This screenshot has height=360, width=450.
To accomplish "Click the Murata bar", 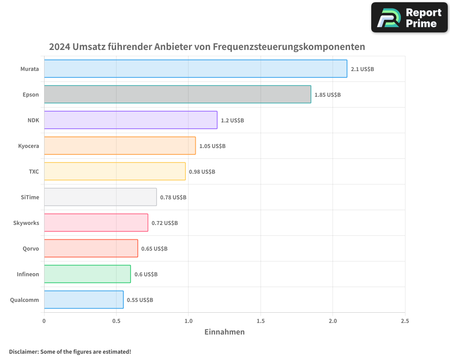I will coord(195,69).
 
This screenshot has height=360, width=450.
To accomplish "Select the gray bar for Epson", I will coord(177,94).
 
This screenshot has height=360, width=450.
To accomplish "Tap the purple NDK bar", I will coord(130,120).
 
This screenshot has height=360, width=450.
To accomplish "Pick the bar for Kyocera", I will coord(120,146).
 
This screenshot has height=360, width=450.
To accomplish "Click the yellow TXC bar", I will coord(115,171).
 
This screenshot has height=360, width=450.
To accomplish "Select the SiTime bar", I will coord(100,197).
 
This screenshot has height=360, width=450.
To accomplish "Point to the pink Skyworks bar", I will coord(96,223).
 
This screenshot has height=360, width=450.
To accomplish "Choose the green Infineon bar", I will coord(87,274).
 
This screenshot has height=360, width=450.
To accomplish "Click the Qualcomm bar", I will coord(84,300).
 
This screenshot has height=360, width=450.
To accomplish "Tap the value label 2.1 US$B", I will coord(362,69).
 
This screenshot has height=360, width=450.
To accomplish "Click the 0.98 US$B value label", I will coord(202,172).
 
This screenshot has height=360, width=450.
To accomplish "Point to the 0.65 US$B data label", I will coord(154,249).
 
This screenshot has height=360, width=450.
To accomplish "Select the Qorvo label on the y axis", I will coord(31,248).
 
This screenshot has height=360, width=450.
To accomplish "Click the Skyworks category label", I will coord(26,223).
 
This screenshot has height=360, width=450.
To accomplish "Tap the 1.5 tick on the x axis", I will coord(260,321).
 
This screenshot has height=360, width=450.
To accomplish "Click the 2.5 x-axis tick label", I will coord(405,321).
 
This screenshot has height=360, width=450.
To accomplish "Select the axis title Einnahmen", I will coord(225,332).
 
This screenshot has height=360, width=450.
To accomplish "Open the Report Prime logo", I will coord(409,18).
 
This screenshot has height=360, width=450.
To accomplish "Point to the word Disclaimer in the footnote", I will coord(23,351).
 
